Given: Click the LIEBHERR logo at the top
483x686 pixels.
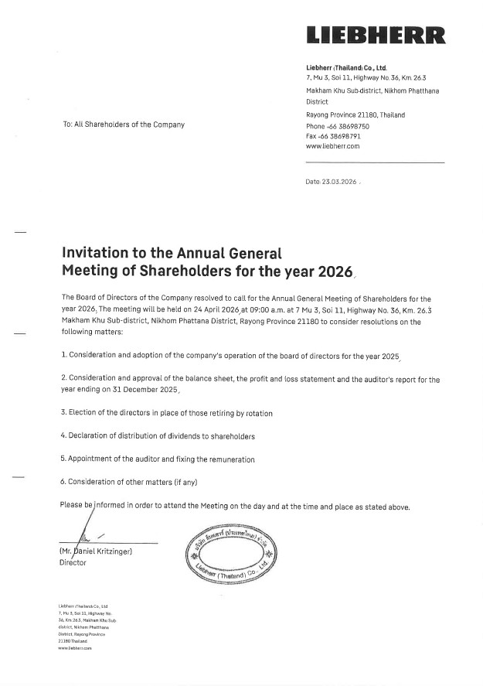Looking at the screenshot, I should pos(376,36).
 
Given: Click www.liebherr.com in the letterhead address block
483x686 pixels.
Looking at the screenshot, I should pos(332,145).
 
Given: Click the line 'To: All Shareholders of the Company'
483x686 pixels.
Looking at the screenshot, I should pos(124,125).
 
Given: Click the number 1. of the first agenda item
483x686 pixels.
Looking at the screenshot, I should pos(64,355).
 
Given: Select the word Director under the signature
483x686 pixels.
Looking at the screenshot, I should pos(73,562).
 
